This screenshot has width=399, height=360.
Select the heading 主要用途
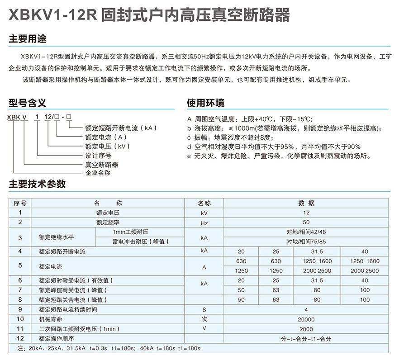[28, 39]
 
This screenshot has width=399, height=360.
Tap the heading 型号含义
[28, 103]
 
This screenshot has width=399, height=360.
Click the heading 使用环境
[206, 103]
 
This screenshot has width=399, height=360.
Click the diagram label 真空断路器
[102, 165]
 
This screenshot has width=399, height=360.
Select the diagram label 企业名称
[98, 173]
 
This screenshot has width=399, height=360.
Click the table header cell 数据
[306, 203]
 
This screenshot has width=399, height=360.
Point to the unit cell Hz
[204, 223]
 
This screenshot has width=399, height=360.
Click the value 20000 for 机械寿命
[306, 320]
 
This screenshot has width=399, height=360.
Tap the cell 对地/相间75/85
[306, 242]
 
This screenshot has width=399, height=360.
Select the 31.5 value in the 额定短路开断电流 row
[317, 251]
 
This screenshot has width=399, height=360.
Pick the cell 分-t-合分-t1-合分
[306, 339]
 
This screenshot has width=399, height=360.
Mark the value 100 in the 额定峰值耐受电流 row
[365, 290]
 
